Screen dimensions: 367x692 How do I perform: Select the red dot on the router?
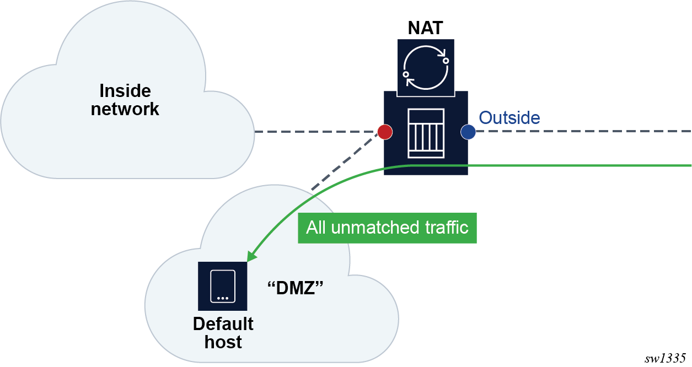pyautogui.click(x=384, y=132)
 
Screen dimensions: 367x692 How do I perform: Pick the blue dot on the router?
pyautogui.click(x=468, y=132)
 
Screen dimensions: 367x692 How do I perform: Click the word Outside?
pyautogui.click(x=509, y=117)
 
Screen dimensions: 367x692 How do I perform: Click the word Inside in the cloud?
pyautogui.click(x=125, y=91)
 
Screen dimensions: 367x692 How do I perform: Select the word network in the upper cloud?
pyautogui.click(x=125, y=109)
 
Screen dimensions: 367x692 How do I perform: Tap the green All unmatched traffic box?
pyautogui.click(x=387, y=228)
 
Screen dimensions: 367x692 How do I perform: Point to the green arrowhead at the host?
pyautogui.click(x=251, y=257)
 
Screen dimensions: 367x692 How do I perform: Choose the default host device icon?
pyautogui.click(x=223, y=287)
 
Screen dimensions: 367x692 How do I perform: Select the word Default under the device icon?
pyautogui.click(x=223, y=323)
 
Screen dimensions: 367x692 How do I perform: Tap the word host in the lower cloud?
pyautogui.click(x=223, y=342)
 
